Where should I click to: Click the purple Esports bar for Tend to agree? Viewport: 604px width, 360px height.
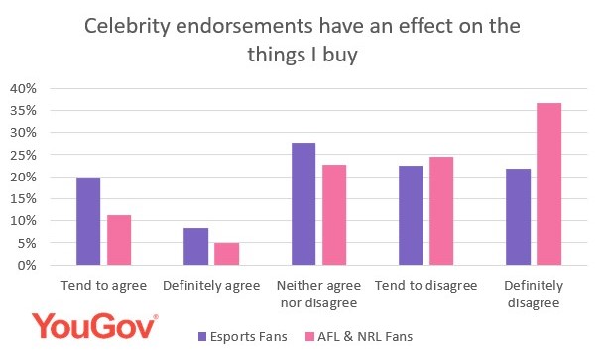pos(89,221)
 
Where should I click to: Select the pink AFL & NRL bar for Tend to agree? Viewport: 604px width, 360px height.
pos(119,240)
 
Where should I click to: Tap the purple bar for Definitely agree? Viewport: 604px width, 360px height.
pos(196,247)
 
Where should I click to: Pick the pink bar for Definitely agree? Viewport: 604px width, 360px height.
pos(227,254)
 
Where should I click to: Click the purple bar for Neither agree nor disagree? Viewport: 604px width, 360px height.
pos(303,204)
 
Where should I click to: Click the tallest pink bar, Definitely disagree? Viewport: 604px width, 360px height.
pos(549,184)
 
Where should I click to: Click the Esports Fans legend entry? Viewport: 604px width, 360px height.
pos(243,337)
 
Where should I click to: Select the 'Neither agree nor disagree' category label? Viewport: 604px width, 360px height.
pos(318,294)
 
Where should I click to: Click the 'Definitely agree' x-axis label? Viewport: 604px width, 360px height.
pos(211,286)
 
